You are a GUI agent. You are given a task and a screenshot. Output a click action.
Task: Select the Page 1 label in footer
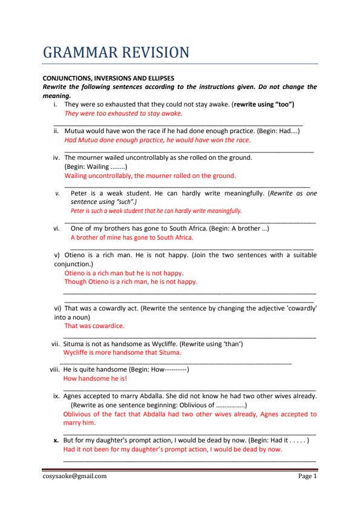pos(307,476)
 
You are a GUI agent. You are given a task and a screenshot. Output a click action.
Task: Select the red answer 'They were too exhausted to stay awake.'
pos(123,113)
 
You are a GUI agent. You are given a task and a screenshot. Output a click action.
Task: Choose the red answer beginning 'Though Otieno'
pos(131,281)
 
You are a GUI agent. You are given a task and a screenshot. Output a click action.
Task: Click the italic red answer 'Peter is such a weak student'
pos(156,211)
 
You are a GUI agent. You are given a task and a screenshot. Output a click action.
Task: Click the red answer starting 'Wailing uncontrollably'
pos(149,176)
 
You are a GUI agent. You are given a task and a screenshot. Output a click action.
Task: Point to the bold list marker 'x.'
pos(57,441)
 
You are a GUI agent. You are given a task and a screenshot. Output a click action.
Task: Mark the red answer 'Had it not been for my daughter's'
pos(172,450)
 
